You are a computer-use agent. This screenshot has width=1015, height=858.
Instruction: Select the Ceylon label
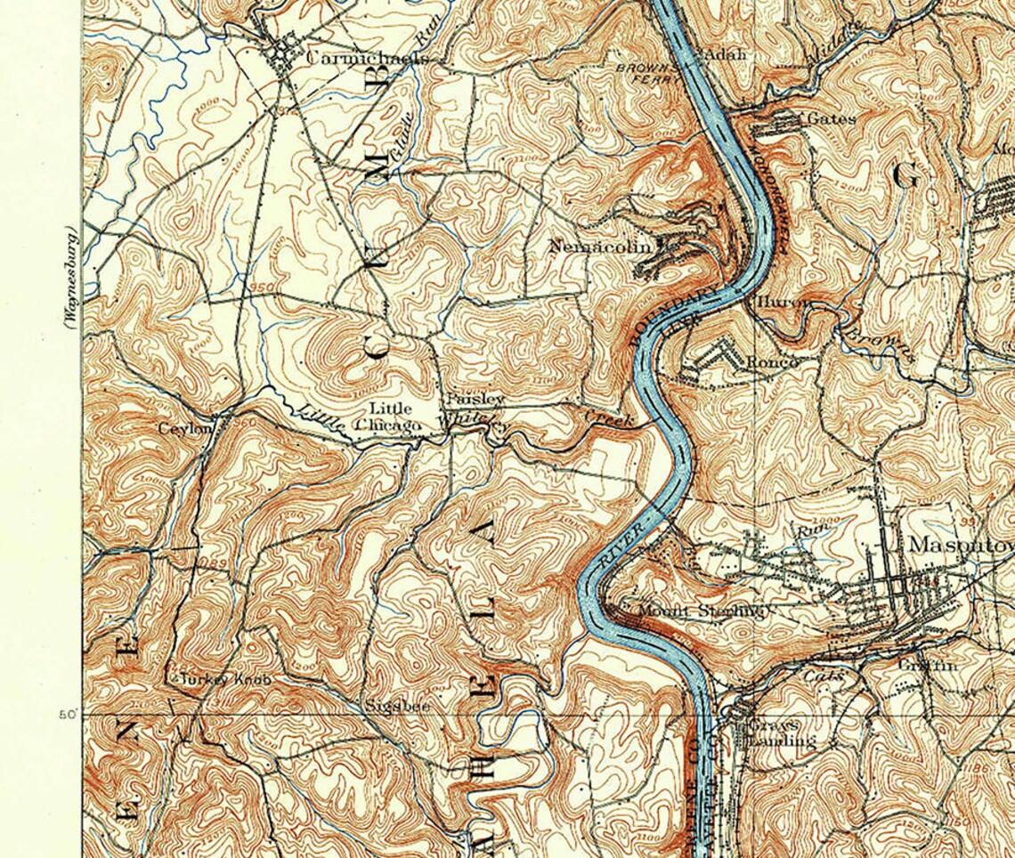point(185,429)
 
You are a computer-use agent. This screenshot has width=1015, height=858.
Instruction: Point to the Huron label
point(783,303)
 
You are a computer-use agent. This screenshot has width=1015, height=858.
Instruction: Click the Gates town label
point(831,117)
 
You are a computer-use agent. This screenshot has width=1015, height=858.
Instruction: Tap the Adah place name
point(725,53)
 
